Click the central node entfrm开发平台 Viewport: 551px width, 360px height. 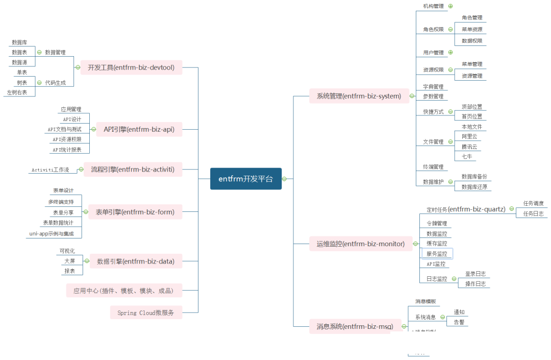tap(246, 179)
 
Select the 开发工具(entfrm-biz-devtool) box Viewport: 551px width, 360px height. tap(132, 67)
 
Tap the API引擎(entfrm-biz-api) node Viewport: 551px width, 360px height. tap(139, 129)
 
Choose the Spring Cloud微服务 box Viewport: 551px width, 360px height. tap(145, 313)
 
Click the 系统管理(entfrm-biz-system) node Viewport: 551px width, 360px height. tap(355, 95)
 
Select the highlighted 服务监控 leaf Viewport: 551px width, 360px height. tap(437, 254)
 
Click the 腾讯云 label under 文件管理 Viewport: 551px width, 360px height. tap(469, 147)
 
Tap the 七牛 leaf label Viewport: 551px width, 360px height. tap(467, 157)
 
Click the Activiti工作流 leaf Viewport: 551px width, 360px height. tap(50, 170)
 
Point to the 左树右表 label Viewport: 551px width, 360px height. tap(17, 92)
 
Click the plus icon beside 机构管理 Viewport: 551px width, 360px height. tap(450, 6)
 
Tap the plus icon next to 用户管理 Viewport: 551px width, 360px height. tap(450, 52)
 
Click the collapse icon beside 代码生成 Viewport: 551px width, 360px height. tap(39, 82)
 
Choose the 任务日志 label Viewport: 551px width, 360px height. tap(533, 213)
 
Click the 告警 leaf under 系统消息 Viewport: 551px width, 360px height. tap(459, 322)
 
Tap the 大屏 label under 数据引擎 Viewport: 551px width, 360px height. tap(69, 261)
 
